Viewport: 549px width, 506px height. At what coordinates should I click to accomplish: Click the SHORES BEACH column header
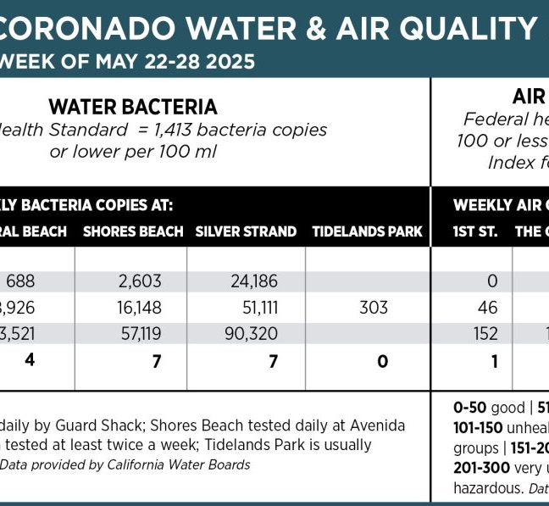133,231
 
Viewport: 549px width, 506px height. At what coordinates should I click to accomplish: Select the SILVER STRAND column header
246,231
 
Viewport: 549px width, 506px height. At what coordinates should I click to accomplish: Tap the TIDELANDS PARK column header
367,231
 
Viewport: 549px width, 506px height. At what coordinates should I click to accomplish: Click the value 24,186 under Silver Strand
254,281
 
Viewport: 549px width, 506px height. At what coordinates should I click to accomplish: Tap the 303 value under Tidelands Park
373,307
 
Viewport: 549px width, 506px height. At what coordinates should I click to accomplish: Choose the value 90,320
254,333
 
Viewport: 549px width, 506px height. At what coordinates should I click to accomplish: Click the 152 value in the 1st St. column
485,333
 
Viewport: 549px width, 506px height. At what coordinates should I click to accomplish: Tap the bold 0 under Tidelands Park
383,361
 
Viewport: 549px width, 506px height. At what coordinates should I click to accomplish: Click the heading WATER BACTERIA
133,107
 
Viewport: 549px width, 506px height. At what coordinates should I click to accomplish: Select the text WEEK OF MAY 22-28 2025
127,63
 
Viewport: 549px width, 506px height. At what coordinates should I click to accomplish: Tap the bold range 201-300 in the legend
481,468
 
